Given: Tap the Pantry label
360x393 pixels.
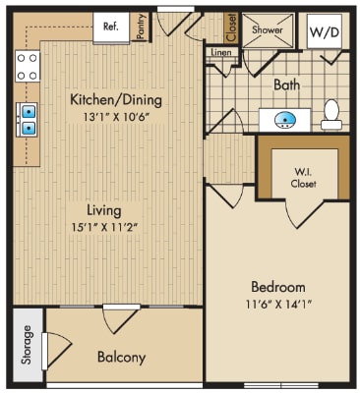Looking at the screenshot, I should (141, 29).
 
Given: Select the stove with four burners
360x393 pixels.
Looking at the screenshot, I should (29, 66).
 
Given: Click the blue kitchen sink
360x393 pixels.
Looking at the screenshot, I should (29, 119).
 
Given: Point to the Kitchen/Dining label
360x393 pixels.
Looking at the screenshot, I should (116, 100).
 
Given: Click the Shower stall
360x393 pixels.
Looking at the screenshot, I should (268, 30).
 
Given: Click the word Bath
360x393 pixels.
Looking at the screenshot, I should (286, 85).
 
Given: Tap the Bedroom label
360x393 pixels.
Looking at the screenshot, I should (277, 286).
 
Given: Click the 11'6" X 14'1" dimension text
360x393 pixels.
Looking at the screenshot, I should (277, 306).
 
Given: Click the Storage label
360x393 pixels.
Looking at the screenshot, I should (27, 349).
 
